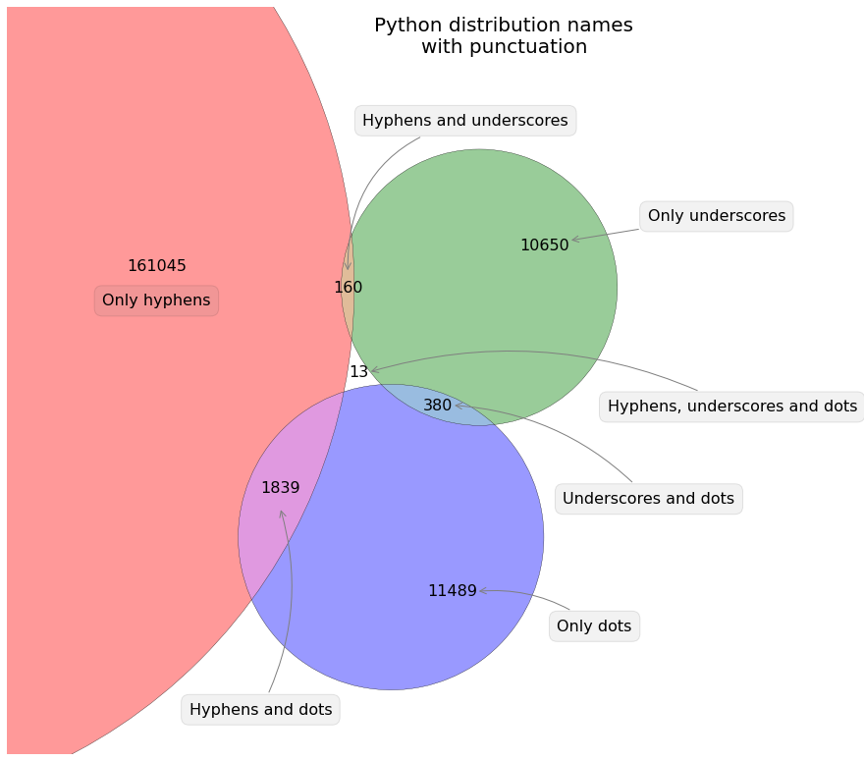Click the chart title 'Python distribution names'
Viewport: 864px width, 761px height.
[x=503, y=26]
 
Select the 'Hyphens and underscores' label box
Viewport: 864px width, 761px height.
[x=464, y=121]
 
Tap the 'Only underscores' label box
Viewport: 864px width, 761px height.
[x=716, y=216]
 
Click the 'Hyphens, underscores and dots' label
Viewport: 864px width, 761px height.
[x=732, y=406]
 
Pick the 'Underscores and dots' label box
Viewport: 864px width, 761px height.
[x=648, y=499]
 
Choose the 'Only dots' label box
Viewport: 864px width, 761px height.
[x=594, y=625]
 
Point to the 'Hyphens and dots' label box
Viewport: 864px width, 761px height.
[x=260, y=709]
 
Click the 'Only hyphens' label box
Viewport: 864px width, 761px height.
[x=156, y=300]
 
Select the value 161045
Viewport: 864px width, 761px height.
[x=157, y=265]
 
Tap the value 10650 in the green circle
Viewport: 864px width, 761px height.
[x=544, y=245]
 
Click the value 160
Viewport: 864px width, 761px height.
[x=348, y=288]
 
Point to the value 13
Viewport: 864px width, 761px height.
[x=358, y=372]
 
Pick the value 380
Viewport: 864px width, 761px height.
[x=437, y=405]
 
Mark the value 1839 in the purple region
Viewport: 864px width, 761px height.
[x=280, y=487]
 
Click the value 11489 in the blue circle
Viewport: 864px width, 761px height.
[x=452, y=591]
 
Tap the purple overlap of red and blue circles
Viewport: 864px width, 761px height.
[x=285, y=530]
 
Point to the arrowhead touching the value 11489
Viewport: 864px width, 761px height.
[x=481, y=591]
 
